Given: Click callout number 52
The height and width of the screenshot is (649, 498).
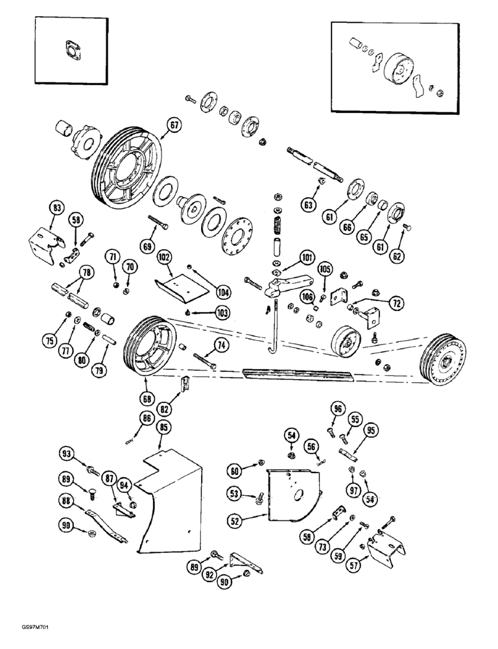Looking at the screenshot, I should click(235, 520).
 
